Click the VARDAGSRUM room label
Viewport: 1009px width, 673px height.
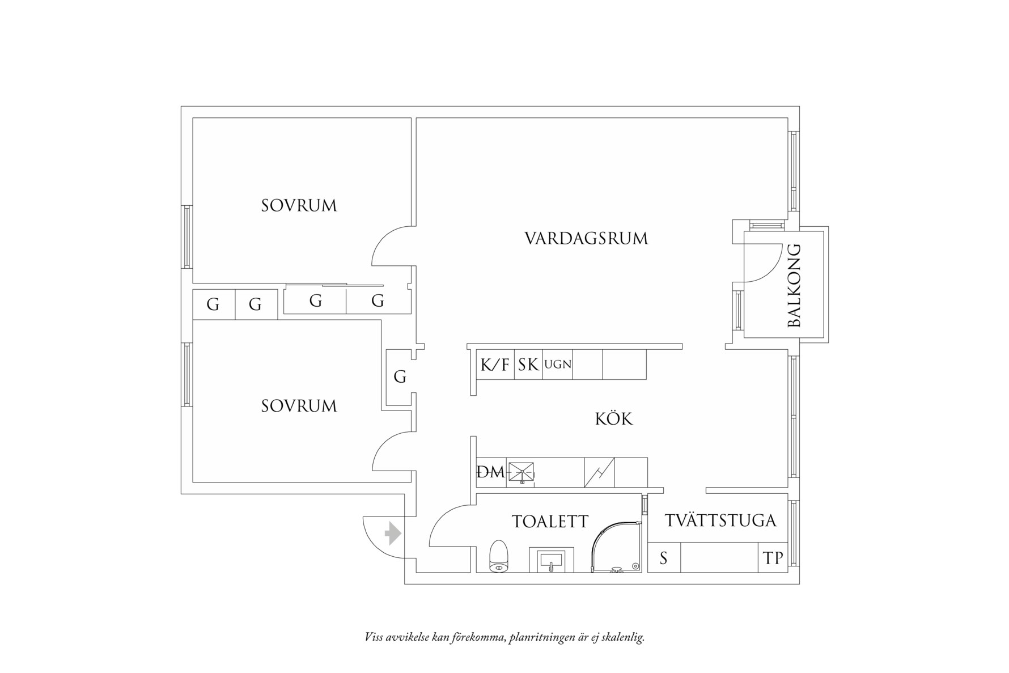coord(586,238)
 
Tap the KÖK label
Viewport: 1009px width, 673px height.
coord(614,419)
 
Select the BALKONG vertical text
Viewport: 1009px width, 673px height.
coord(795,285)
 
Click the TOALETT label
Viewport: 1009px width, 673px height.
coord(550,521)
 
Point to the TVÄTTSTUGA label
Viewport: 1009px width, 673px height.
coord(720,520)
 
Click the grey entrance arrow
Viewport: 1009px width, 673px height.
coord(393,534)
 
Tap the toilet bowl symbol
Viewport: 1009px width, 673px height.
coord(498,556)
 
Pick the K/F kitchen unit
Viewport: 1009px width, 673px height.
coord(495,365)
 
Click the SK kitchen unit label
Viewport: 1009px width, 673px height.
coord(528,365)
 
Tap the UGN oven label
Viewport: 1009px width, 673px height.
coord(558,365)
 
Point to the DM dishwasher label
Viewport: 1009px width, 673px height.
coord(490,472)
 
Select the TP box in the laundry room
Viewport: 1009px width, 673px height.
coord(773,558)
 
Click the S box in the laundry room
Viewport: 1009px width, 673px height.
coord(663,558)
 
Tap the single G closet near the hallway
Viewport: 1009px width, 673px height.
coord(400,377)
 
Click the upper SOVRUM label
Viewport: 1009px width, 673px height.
coord(299,205)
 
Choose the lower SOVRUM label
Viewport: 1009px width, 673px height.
coord(299,406)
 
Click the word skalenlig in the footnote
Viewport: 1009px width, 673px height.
coord(623,637)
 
